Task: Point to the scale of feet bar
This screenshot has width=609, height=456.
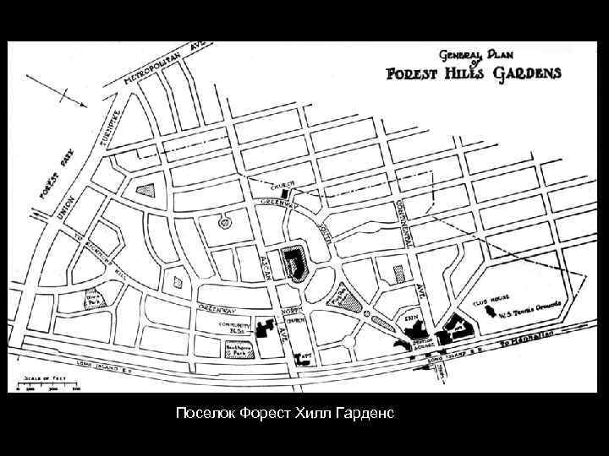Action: click(x=52, y=385)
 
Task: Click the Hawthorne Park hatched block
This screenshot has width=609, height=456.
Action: click(x=239, y=350)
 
